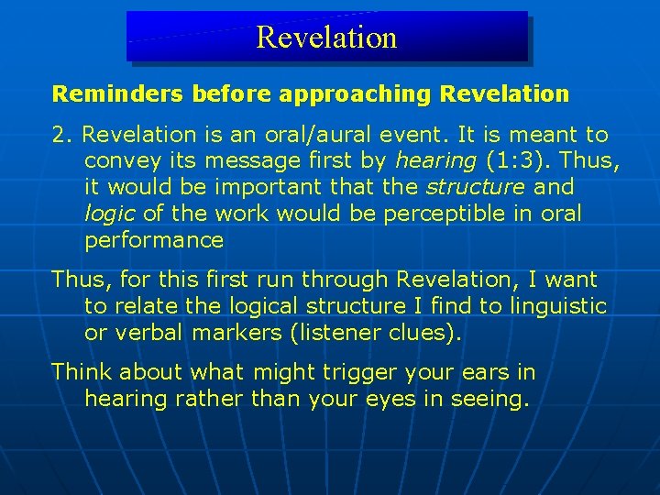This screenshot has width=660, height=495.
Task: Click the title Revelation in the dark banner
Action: (326, 38)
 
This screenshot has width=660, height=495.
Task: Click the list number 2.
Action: (61, 135)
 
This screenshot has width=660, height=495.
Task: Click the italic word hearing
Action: (435, 161)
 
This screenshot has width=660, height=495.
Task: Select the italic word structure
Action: (474, 187)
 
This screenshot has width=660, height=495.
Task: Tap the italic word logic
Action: (108, 214)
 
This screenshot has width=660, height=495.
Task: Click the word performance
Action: (153, 240)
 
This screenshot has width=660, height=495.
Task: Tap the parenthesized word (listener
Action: (333, 333)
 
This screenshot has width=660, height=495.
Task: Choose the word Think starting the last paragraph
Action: (80, 372)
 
